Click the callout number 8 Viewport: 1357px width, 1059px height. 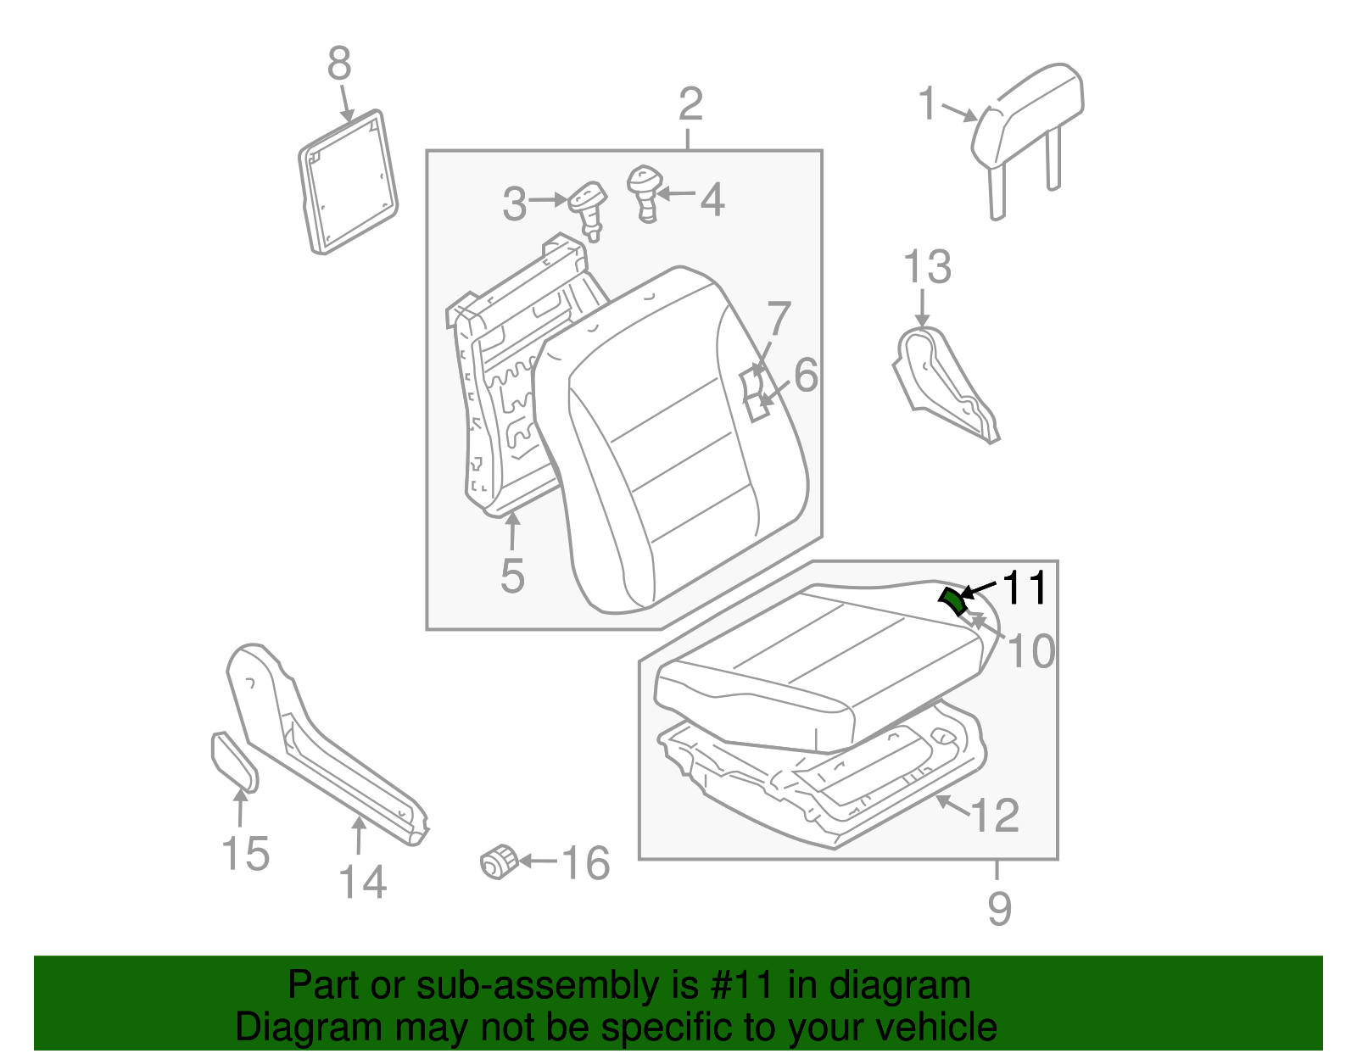(339, 64)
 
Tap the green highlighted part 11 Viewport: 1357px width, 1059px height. (952, 599)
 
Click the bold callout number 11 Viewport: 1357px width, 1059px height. (1025, 588)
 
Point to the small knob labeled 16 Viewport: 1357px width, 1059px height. (500, 861)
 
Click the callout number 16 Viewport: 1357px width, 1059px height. (585, 863)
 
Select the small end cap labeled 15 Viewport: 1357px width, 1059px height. (232, 761)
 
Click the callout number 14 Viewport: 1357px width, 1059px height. (363, 882)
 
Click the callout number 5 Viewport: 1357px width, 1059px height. (512, 575)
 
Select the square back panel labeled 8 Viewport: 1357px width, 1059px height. (349, 182)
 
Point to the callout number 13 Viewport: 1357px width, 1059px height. (927, 267)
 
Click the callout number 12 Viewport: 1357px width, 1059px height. (994, 815)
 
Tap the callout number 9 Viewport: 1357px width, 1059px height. (1000, 909)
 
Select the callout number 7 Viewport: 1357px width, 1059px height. (778, 320)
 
